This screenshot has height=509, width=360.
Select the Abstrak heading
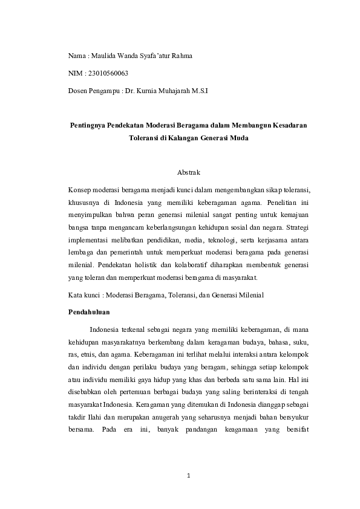189,172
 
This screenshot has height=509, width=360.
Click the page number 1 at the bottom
189,476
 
